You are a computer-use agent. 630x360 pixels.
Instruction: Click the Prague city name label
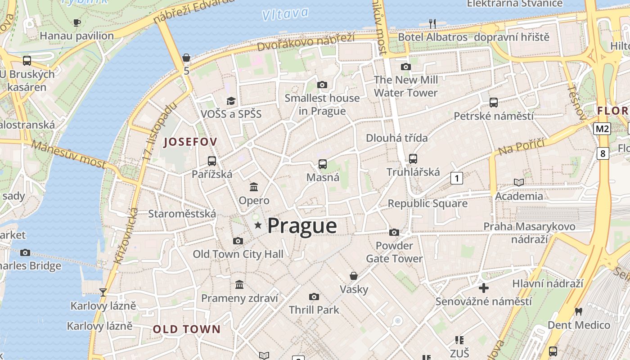tap(302, 226)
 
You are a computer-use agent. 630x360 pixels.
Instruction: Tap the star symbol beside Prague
tap(258, 225)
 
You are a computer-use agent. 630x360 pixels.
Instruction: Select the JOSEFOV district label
tap(190, 142)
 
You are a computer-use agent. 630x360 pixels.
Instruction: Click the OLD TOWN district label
tap(187, 329)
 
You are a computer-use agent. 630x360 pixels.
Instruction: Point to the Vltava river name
tap(285, 14)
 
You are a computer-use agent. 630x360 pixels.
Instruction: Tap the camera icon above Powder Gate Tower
tap(394, 232)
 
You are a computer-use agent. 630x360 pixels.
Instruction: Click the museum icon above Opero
tap(254, 187)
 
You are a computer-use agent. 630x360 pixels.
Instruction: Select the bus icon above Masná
tap(322, 164)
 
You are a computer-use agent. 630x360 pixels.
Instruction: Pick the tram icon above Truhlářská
tap(413, 158)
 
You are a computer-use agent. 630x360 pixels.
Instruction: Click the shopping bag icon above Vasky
tap(354, 275)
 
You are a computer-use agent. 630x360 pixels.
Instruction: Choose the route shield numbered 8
tap(603, 153)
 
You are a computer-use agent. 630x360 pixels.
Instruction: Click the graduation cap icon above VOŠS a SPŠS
tap(231, 101)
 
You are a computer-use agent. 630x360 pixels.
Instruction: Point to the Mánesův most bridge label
tap(69, 154)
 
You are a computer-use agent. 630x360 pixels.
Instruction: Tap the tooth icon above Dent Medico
tap(579, 311)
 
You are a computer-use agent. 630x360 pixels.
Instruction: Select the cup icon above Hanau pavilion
tap(77, 22)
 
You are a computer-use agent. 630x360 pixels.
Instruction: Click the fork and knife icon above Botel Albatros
tap(432, 23)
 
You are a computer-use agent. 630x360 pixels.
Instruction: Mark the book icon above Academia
tap(519, 182)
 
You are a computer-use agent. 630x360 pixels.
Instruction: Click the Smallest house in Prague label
tap(322, 104)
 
